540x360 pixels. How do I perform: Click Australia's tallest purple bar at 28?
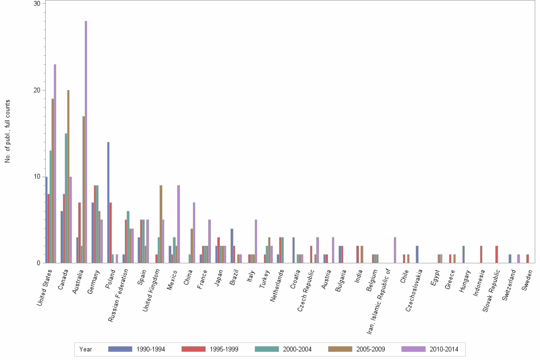(x=86, y=143)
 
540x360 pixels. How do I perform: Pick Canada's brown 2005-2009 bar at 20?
(x=68, y=176)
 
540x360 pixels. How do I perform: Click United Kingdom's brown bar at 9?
(x=161, y=224)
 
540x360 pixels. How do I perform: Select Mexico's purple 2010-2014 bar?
(x=179, y=224)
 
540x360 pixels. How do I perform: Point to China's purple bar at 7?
(x=194, y=233)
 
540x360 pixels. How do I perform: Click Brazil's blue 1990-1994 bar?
(x=232, y=246)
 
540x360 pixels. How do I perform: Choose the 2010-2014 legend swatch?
(x=413, y=349)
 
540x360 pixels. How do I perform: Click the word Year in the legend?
(x=86, y=349)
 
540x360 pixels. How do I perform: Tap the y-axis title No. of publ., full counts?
(x=8, y=131)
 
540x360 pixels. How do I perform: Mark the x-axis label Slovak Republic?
(x=490, y=291)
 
